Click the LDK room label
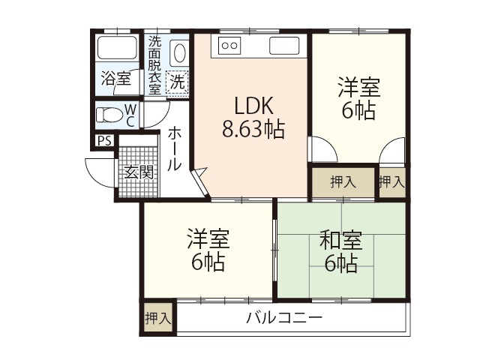(x=252, y=105)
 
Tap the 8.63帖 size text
(x=252, y=130)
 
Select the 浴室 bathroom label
(x=116, y=78)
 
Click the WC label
(x=130, y=115)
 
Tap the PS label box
(x=103, y=141)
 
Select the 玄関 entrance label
(x=138, y=172)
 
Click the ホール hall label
(x=173, y=148)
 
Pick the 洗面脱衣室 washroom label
(x=154, y=64)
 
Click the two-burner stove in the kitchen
(x=229, y=46)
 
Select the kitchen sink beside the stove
(x=283, y=46)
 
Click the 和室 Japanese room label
(x=341, y=241)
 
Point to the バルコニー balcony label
(x=284, y=318)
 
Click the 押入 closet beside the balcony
(x=157, y=317)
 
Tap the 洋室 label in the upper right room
(x=358, y=87)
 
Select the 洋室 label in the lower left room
(x=208, y=241)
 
